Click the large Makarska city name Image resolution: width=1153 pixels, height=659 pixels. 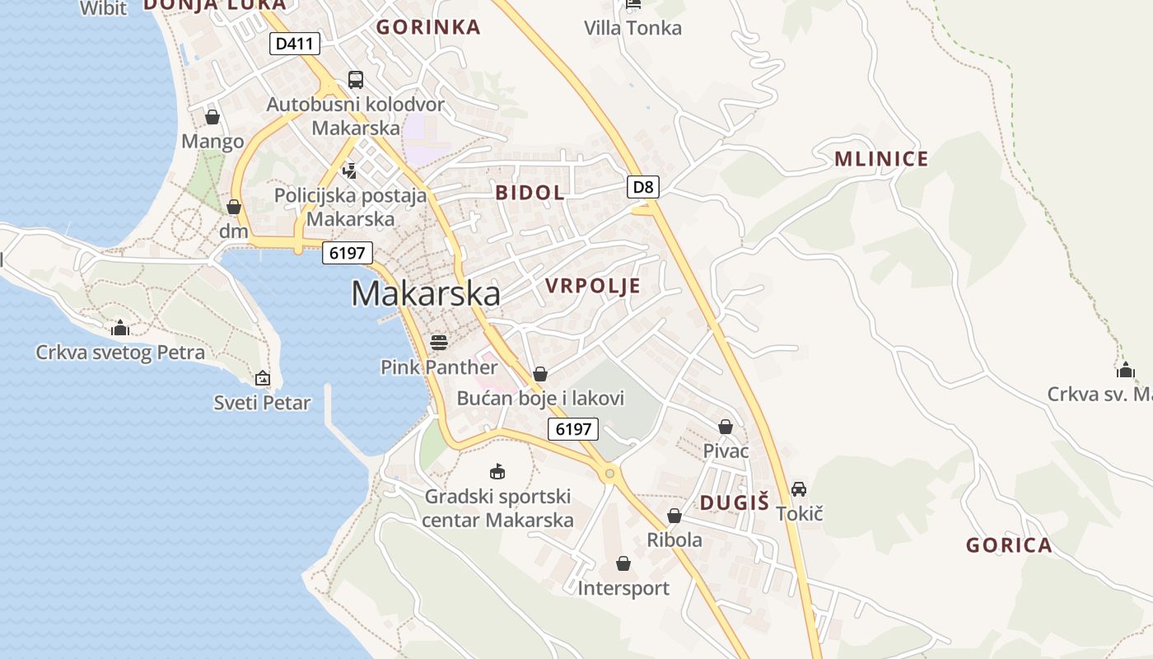426,294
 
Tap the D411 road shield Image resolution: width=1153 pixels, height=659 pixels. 294,44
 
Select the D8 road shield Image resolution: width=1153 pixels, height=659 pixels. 643,187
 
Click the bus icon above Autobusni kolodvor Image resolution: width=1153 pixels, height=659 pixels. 356,80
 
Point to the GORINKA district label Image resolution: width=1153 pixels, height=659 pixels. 428,27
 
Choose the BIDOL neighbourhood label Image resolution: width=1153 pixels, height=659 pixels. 530,193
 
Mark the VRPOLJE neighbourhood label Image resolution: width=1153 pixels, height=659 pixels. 593,286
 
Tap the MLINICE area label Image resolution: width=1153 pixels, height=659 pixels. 881,159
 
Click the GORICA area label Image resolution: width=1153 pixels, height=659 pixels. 1009,544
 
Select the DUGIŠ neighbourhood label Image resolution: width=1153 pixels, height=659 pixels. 734,502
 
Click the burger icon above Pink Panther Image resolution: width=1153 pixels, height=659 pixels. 439,342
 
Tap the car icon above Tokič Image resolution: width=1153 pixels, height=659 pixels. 798,489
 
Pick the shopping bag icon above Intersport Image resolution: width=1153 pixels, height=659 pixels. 623,564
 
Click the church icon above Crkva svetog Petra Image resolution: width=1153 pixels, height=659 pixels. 120,329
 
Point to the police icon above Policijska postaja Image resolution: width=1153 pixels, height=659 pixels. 350,171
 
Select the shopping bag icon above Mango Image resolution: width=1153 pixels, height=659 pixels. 212,117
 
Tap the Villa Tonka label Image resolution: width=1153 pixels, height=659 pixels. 633,28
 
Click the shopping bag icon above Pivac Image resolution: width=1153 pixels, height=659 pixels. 726,427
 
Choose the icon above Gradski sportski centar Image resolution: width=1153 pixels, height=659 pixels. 497,472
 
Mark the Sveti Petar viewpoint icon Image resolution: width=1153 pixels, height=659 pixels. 263,378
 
